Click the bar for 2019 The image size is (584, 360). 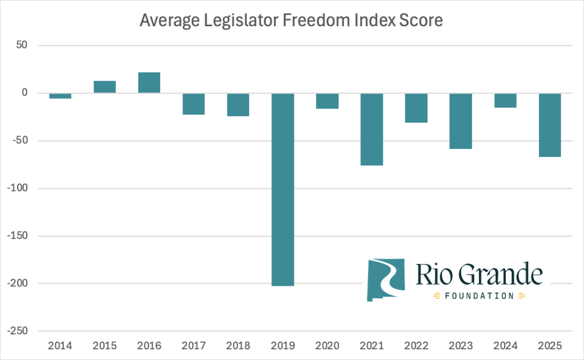pos(283,189)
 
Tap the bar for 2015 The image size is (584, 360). pos(105,87)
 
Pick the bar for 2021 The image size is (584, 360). pos(372,130)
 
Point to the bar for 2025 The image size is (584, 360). pos(550,125)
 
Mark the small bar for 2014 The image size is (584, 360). pos(60,96)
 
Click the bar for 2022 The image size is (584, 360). pos(416,108)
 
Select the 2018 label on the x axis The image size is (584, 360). pos(238,346)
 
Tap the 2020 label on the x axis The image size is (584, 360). pos(327,346)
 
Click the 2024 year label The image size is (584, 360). pos(506,346)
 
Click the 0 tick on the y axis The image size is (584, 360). pos(32,93)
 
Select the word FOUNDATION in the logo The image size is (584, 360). pos(479,296)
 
